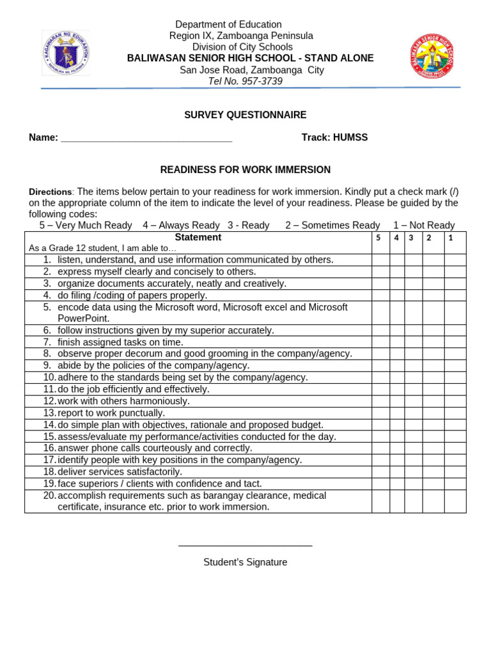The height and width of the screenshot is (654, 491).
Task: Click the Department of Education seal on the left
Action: [66, 53]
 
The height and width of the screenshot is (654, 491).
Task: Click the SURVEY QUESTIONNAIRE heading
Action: [245, 115]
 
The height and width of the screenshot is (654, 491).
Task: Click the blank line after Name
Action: [146, 138]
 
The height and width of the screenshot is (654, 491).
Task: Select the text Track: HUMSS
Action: [334, 137]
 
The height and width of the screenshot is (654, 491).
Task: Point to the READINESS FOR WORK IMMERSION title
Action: [245, 170]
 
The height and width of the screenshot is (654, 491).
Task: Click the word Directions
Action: [51, 192]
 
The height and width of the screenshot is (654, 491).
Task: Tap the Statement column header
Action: [198, 238]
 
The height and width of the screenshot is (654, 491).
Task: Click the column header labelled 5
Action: [378, 238]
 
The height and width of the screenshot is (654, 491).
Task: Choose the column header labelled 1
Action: [451, 238]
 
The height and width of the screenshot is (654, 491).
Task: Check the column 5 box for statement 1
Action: [380, 260]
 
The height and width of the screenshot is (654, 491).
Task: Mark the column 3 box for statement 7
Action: [414, 342]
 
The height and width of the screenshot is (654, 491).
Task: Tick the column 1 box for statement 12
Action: [455, 401]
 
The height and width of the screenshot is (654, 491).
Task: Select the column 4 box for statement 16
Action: [397, 448]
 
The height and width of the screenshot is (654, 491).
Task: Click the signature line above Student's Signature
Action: [245, 545]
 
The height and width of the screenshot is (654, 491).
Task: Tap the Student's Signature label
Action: [245, 563]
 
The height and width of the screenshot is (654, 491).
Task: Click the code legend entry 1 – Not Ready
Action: [424, 225]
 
